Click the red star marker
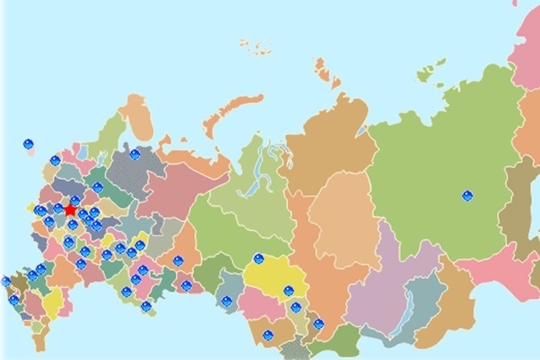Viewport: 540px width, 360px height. pos(70,210)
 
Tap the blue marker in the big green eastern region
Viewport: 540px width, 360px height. pos(467,195)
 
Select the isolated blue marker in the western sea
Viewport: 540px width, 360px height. pos(28,145)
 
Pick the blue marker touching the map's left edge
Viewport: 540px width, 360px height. pos(6,282)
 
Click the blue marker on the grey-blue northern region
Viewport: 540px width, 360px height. pos(135,154)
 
